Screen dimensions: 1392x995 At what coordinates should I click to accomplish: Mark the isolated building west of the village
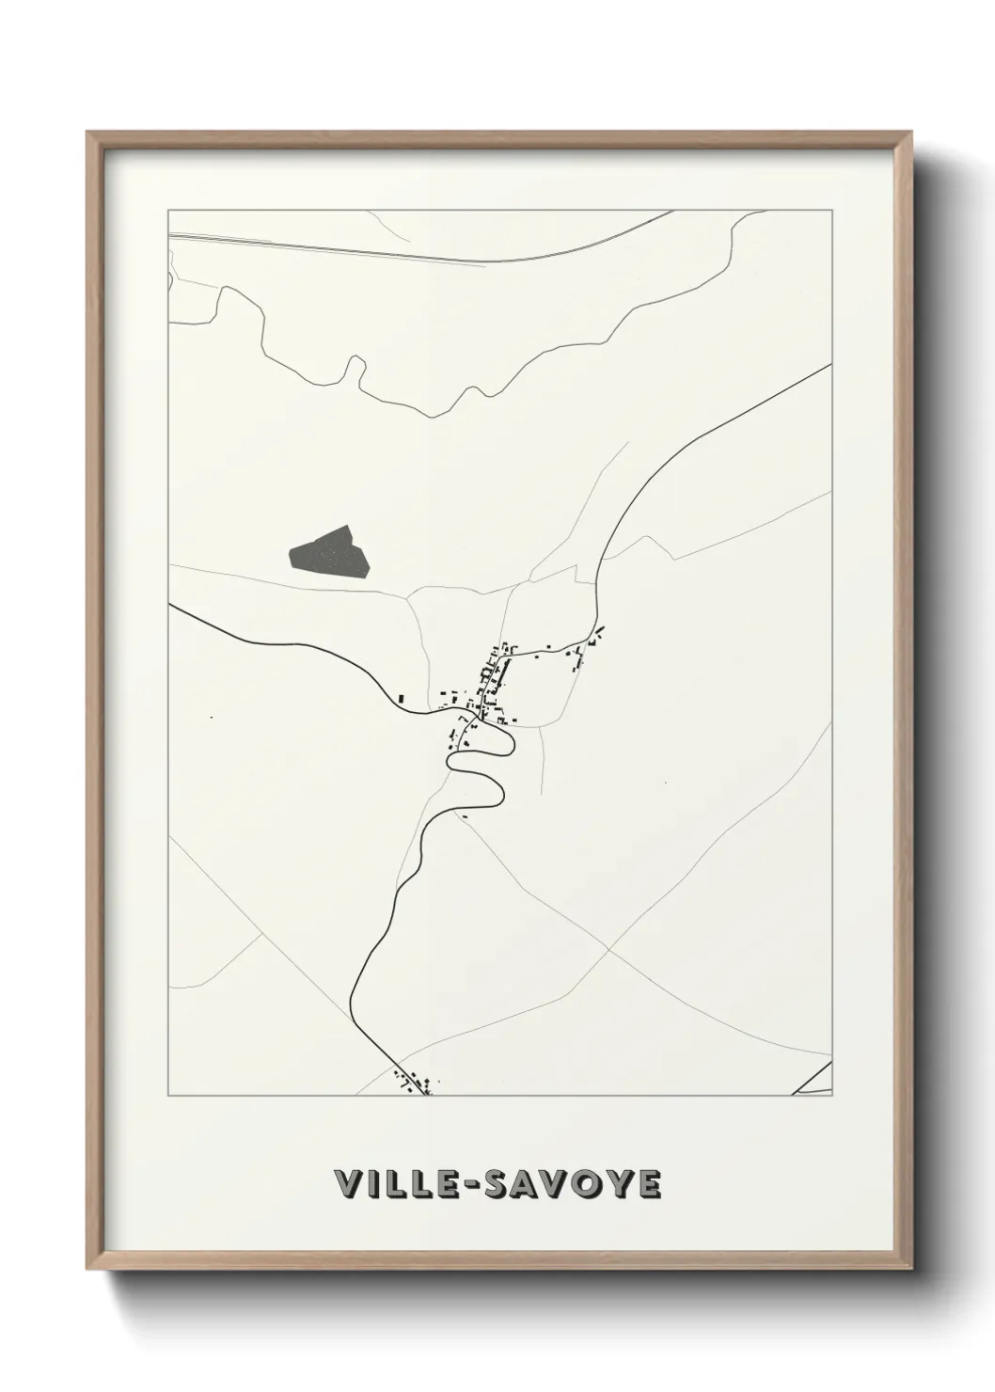pyautogui.click(x=402, y=698)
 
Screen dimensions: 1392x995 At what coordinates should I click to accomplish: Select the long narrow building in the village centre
pyautogui.click(x=498, y=673)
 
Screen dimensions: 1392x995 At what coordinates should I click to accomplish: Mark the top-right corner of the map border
pyautogui.click(x=832, y=210)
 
